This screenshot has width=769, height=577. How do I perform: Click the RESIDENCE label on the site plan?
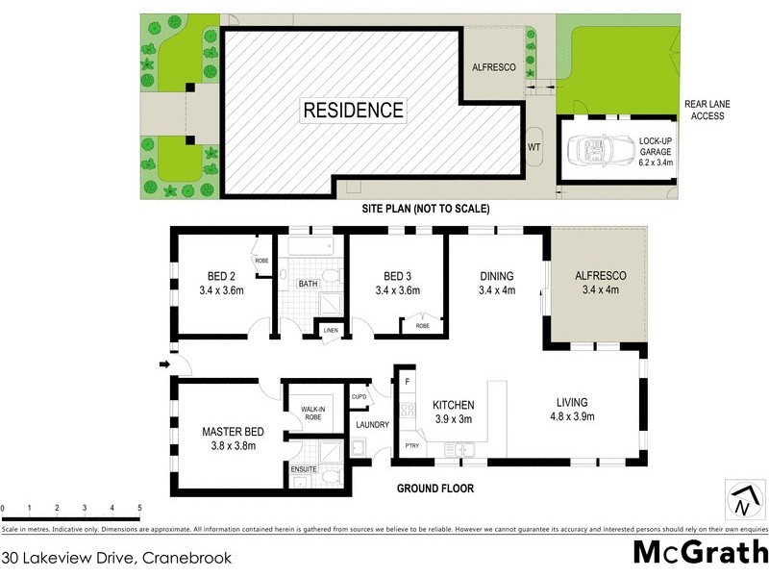(354, 110)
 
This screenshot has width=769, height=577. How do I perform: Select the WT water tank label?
(534, 148)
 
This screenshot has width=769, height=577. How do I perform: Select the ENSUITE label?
(306, 468)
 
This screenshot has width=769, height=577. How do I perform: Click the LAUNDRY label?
(371, 424)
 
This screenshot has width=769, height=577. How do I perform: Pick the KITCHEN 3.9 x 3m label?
(454, 412)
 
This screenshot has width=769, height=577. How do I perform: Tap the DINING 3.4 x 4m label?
(497, 283)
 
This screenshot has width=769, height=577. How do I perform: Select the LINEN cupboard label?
(332, 330)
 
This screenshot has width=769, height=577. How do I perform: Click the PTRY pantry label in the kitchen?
(410, 445)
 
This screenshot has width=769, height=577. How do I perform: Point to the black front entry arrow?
(164, 364)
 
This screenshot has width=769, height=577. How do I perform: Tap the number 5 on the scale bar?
(139, 508)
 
